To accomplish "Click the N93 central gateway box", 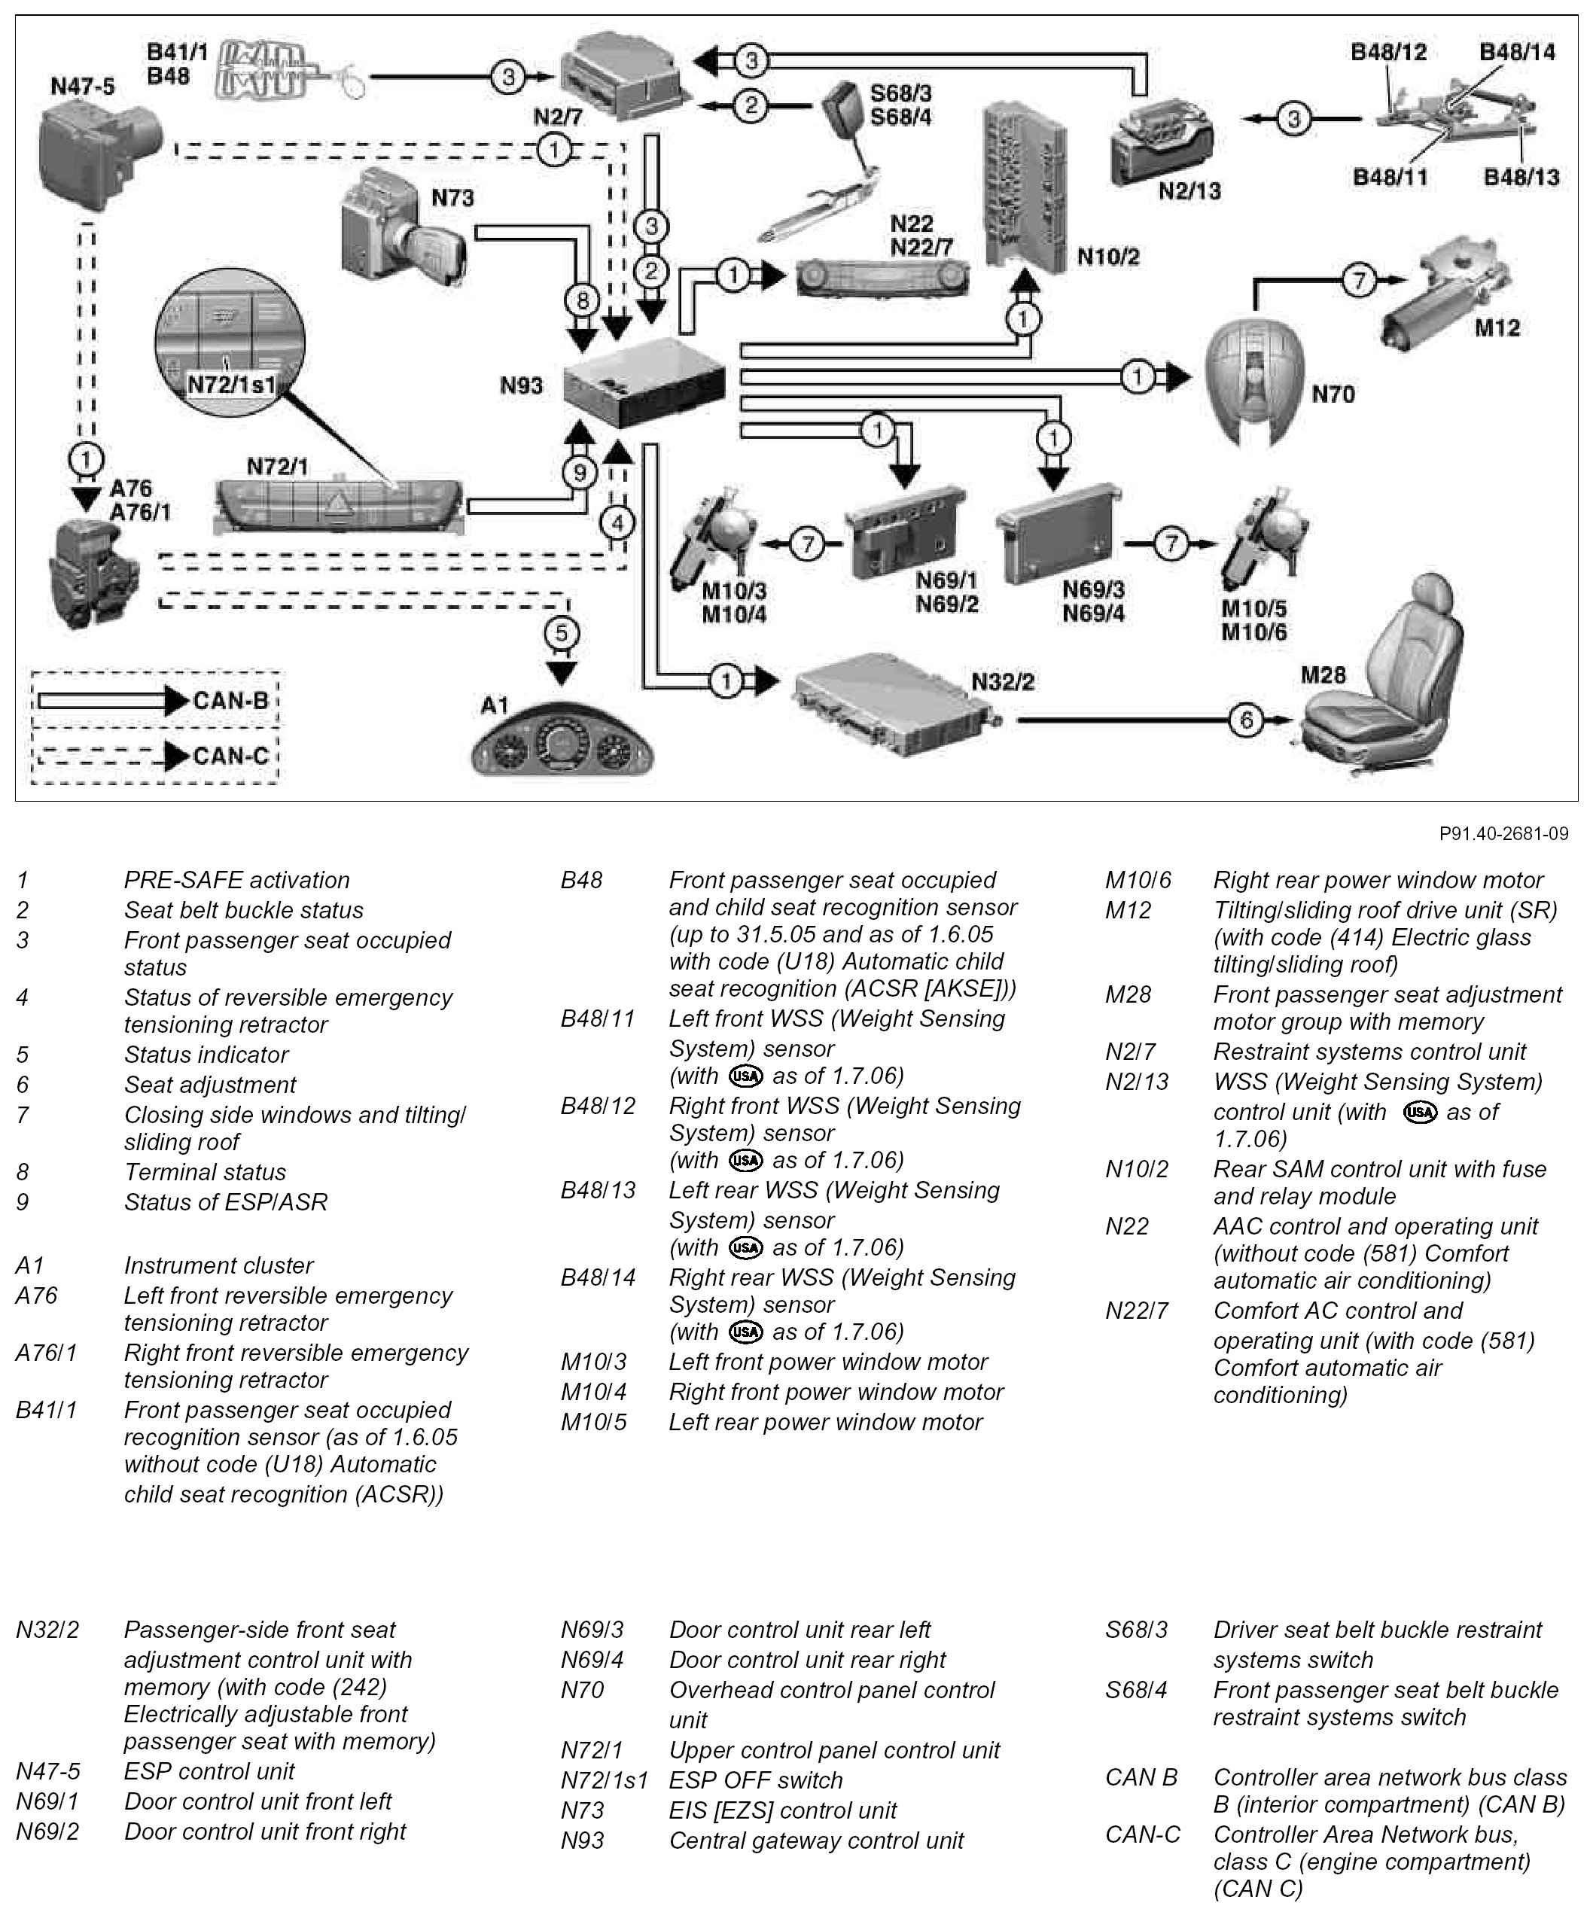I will coord(643,381).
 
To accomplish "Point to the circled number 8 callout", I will coord(582,300).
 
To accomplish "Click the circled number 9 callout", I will coord(579,472).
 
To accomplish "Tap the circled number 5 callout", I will coord(561,632).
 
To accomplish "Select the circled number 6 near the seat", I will coord(1247,720).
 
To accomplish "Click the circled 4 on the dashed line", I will coord(617,522).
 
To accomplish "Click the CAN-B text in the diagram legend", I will coord(230,701).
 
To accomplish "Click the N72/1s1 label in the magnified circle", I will coord(230,385).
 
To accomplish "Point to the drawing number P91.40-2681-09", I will coord(1503,833).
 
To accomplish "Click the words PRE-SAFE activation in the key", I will coord(236,879).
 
